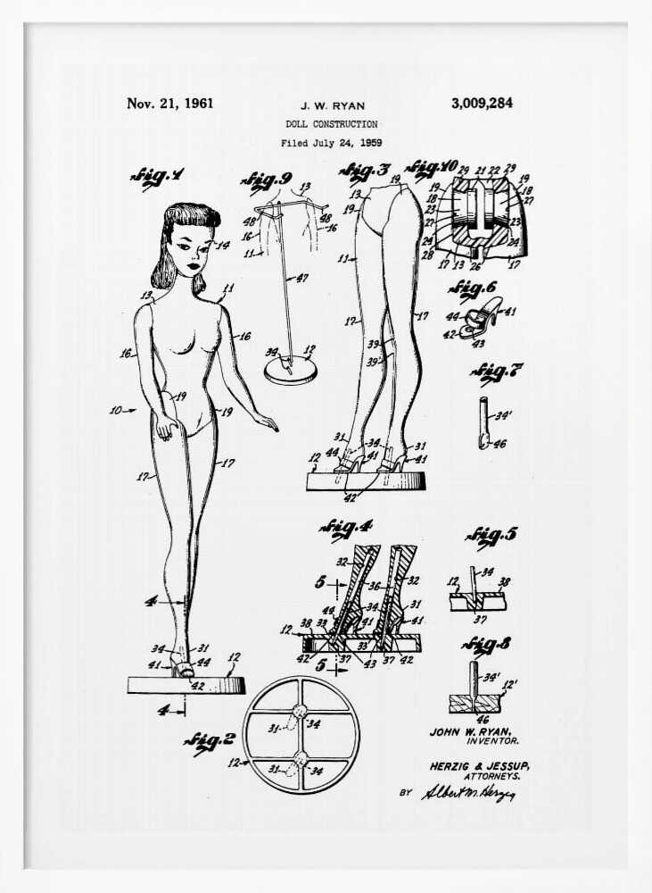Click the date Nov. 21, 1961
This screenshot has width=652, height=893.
click(169, 104)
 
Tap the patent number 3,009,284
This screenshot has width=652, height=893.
click(482, 104)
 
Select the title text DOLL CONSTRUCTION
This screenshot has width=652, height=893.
click(331, 124)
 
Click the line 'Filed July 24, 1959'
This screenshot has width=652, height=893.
click(331, 142)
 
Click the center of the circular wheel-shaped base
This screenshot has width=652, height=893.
click(301, 735)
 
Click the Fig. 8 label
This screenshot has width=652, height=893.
click(487, 645)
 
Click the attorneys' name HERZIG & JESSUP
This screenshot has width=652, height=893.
click(472, 765)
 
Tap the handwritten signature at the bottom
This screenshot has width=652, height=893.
click(468, 792)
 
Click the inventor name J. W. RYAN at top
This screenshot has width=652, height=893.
click(332, 105)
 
